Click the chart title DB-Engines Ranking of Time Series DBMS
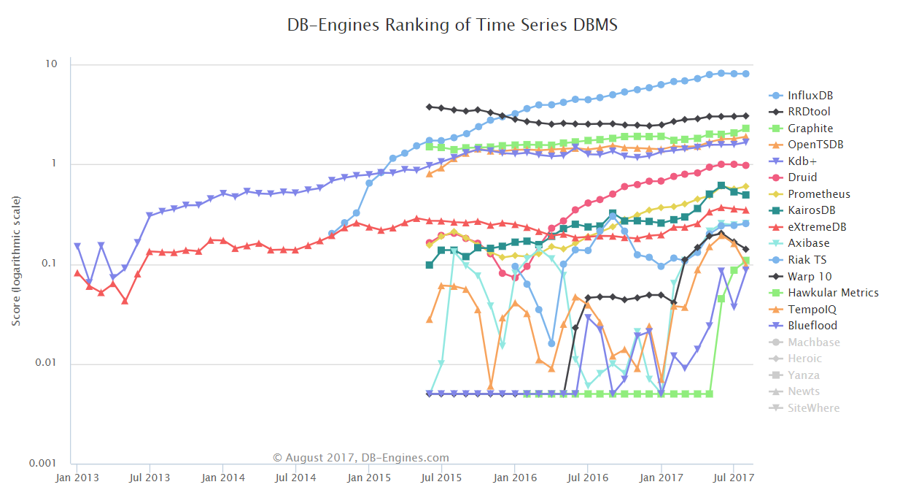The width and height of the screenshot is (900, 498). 452,25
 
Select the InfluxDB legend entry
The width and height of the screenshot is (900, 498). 810,96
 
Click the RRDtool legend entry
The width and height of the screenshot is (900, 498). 809,112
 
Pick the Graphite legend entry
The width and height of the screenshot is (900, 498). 809,129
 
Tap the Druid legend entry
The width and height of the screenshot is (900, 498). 802,177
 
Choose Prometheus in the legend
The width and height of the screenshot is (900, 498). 818,194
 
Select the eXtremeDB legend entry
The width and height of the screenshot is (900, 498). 817,227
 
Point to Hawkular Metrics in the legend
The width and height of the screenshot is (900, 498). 833,293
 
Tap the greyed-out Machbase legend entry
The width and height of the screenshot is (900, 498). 813,342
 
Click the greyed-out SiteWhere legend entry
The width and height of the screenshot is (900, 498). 813,408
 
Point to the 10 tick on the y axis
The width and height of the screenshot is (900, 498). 51,64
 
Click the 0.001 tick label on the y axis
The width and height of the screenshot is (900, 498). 43,464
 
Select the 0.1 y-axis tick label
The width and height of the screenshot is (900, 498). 48,264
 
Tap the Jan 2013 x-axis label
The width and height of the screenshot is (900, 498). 77,478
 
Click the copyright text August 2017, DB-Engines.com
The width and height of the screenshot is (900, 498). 361,458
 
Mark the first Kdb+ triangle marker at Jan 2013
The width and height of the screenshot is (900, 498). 77,247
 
